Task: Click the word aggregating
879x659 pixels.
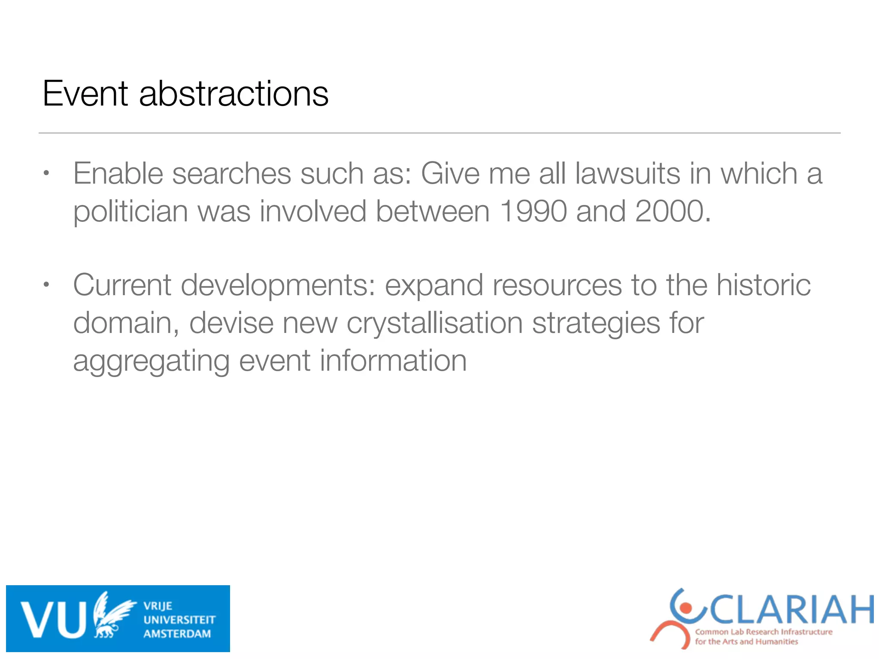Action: pyautogui.click(x=151, y=361)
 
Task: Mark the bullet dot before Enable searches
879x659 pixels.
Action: pyautogui.click(x=47, y=174)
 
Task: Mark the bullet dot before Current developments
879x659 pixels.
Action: pyautogui.click(x=47, y=285)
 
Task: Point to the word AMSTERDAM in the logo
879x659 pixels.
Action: pyautogui.click(x=177, y=634)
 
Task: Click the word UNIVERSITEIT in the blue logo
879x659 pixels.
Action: pyautogui.click(x=179, y=620)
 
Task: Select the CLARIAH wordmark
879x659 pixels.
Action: pyautogui.click(x=792, y=610)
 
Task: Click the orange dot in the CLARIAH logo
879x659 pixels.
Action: pyautogui.click(x=686, y=608)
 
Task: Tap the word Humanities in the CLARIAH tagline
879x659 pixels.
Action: pyautogui.click(x=776, y=642)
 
